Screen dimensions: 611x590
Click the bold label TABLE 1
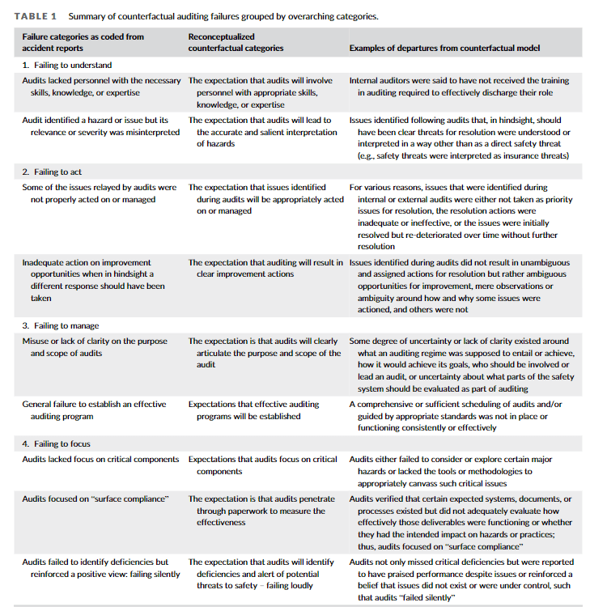pos(36,16)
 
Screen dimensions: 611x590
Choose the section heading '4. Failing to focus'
pos(56,443)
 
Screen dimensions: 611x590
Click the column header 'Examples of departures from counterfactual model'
pos(444,48)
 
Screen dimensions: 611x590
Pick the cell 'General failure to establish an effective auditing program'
pos(94,410)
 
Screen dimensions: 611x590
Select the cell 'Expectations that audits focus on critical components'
pos(262,465)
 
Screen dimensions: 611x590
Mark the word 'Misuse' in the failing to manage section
pos(37,341)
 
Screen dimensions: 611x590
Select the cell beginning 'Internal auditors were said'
pos(458,87)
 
